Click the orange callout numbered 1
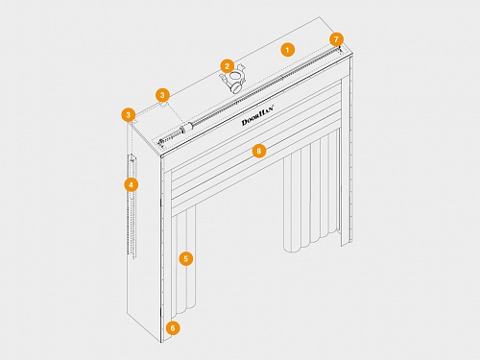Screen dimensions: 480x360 (287, 50)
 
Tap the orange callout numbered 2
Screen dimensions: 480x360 (227, 66)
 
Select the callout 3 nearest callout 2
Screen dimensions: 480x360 (162, 95)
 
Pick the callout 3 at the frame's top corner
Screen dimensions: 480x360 (129, 115)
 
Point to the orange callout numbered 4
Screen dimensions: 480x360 (132, 184)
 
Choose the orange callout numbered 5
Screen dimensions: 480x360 (186, 258)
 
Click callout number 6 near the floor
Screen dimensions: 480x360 (173, 328)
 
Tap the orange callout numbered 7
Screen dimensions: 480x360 (336, 39)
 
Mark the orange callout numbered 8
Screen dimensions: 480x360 (259, 151)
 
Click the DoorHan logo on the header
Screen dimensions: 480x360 (258, 115)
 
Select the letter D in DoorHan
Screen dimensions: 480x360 (245, 123)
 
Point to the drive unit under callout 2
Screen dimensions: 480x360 (233, 81)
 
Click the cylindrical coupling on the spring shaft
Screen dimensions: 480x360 (187, 128)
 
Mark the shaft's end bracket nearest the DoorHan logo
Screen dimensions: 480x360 (160, 143)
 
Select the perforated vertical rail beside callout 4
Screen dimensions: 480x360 (132, 205)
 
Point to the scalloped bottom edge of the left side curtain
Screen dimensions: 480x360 (182, 311)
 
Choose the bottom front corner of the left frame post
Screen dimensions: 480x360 (161, 343)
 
